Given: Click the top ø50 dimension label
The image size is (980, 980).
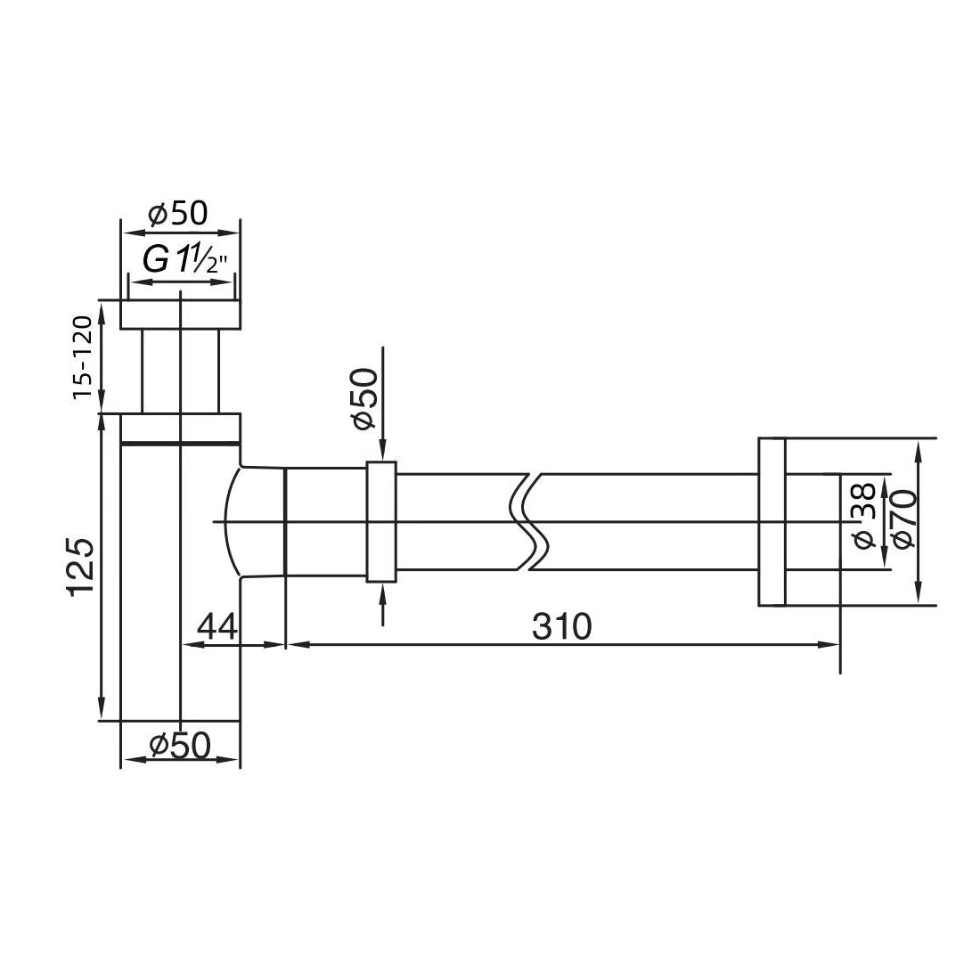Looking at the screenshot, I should point(178,215).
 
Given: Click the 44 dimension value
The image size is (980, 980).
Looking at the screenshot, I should point(216,627).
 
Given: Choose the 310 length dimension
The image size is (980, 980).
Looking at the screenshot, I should point(562,627).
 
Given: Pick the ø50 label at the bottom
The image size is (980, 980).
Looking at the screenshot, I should point(181,745).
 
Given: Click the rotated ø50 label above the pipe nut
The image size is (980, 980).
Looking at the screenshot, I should point(364,399).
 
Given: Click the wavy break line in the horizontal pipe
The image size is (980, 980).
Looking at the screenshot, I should point(529,520).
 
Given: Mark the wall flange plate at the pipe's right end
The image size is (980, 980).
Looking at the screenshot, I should point(771,521).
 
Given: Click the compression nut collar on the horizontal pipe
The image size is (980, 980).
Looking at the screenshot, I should point(380,521).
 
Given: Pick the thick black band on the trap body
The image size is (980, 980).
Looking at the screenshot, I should point(180,442).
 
